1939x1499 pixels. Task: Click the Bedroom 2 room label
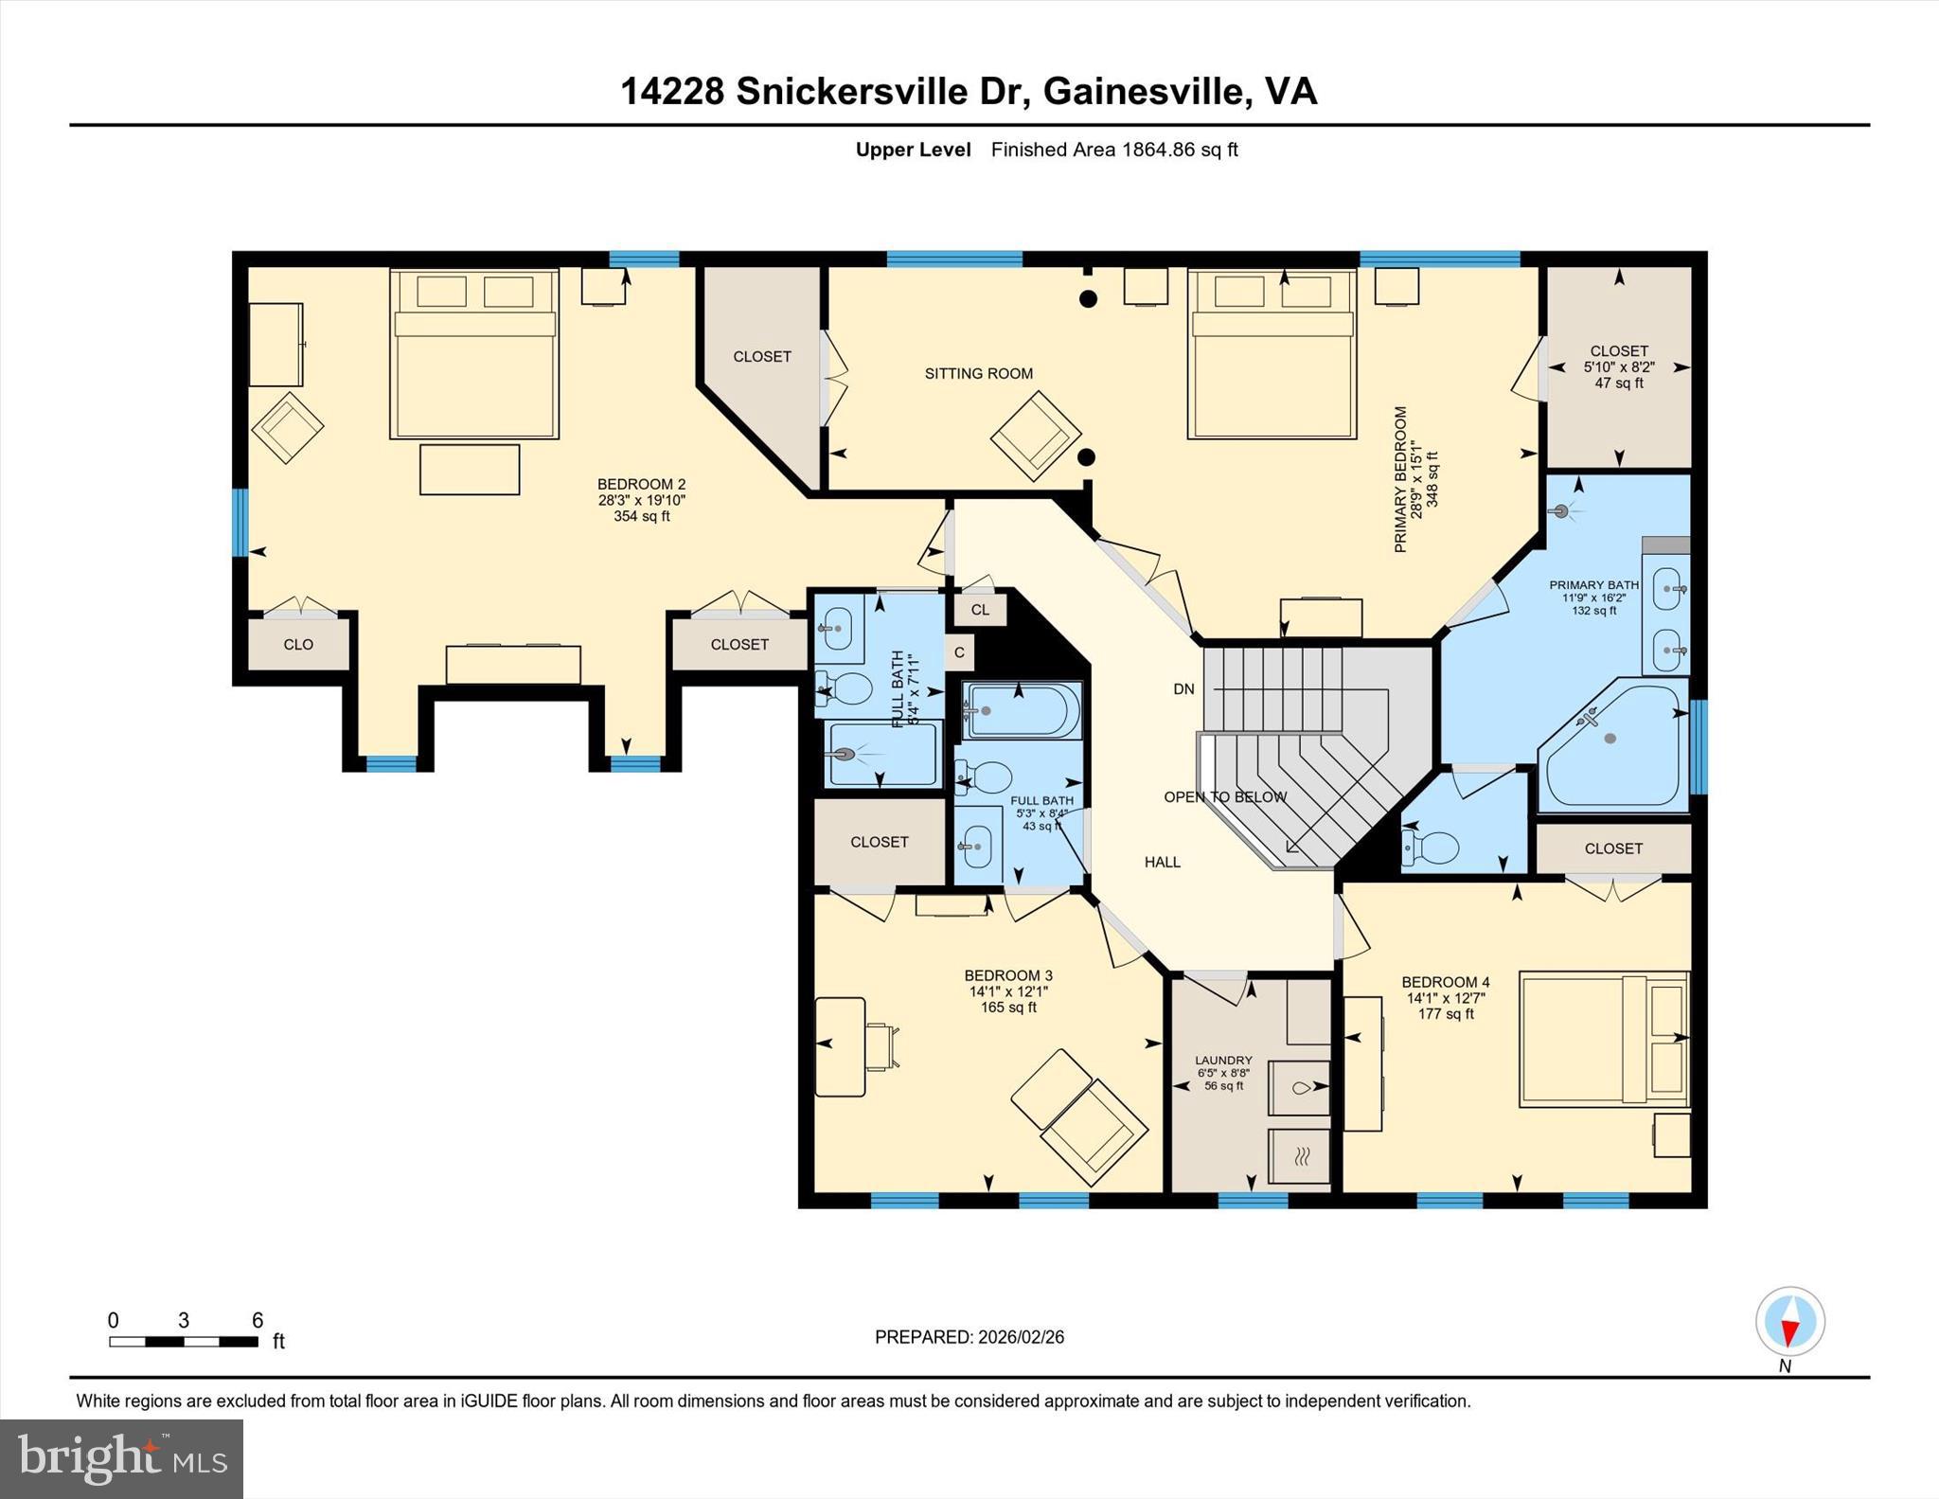pyautogui.click(x=641, y=485)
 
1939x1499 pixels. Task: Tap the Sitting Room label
pyautogui.click(x=978, y=373)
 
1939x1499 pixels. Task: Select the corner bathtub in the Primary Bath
pyautogui.click(x=1611, y=745)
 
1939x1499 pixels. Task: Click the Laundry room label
pyautogui.click(x=1223, y=1061)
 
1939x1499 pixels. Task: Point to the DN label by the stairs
pyautogui.click(x=1183, y=689)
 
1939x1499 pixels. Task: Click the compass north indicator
pyautogui.click(x=1789, y=1322)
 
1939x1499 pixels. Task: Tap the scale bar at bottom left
pyautogui.click(x=183, y=1341)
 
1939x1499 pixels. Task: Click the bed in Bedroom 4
pyautogui.click(x=1603, y=1039)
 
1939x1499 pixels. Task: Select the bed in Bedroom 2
pyautogui.click(x=473, y=355)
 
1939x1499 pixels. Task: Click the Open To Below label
pyautogui.click(x=1224, y=797)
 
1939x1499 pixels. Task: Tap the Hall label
pyautogui.click(x=1162, y=862)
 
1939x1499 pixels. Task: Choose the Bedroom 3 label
pyautogui.click(x=1007, y=975)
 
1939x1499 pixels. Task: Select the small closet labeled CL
pyautogui.click(x=980, y=610)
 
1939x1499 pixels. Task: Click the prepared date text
pyautogui.click(x=969, y=1337)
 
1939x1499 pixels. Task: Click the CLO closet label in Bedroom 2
pyautogui.click(x=298, y=644)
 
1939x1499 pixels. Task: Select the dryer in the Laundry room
pyautogui.click(x=1300, y=1155)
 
